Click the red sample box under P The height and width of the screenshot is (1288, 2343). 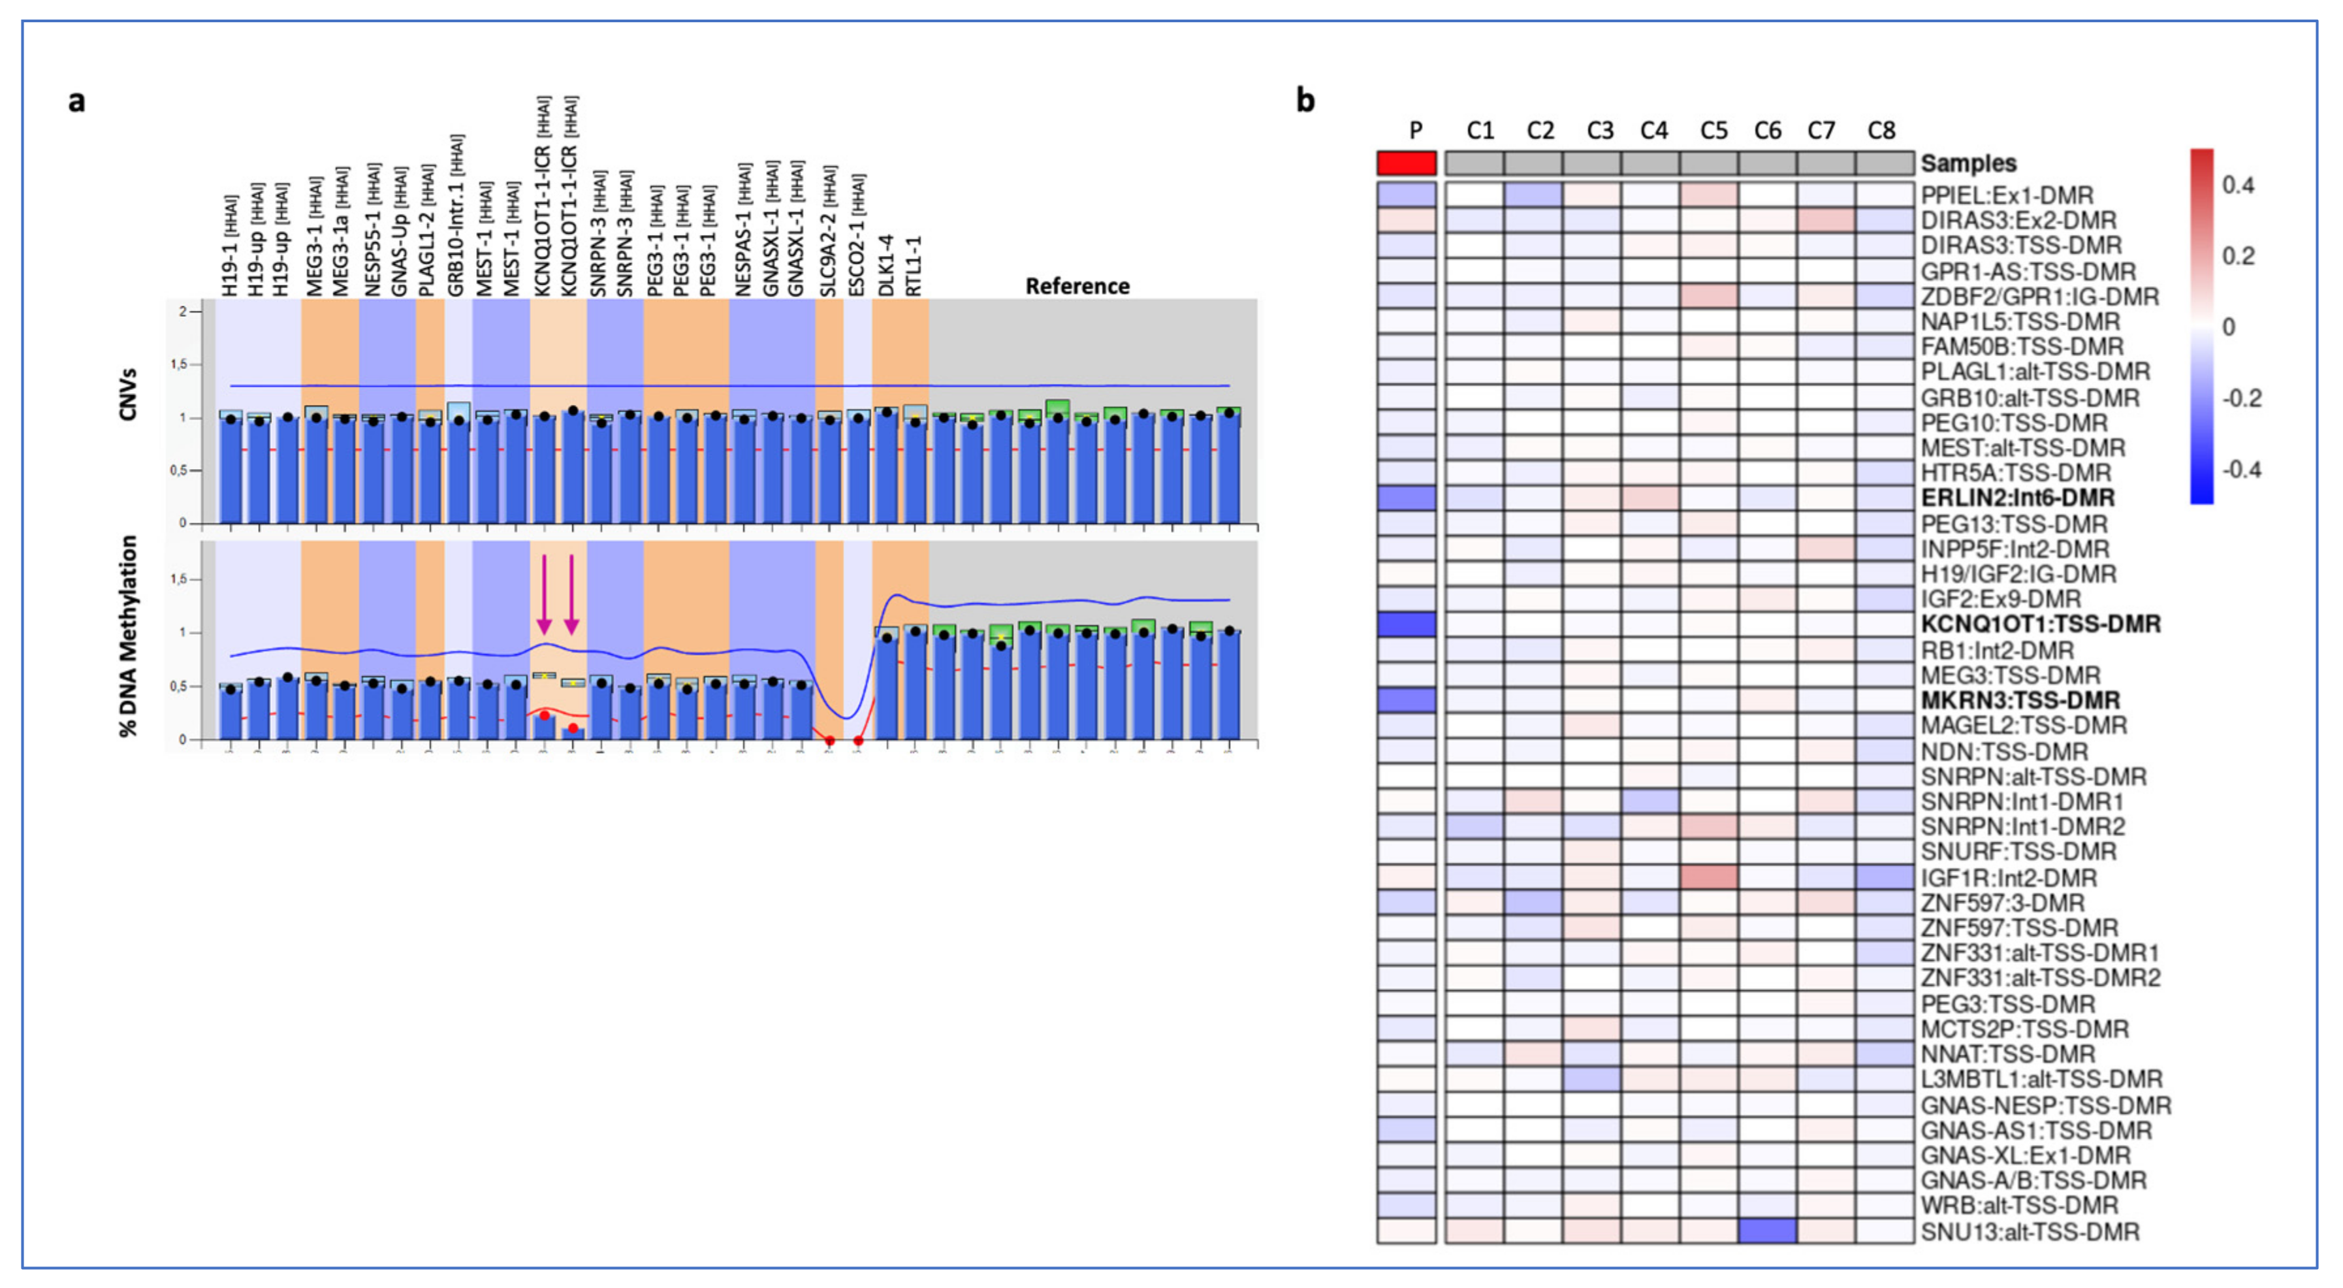pyautogui.click(x=1406, y=164)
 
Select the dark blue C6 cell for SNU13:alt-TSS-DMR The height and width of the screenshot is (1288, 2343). pyautogui.click(x=1766, y=1231)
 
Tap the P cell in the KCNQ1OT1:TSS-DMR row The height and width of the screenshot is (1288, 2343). pyautogui.click(x=1406, y=624)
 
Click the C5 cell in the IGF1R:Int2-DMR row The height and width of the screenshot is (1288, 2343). pyautogui.click(x=1708, y=878)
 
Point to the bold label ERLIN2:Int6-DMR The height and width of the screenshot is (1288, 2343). pyautogui.click(x=2017, y=498)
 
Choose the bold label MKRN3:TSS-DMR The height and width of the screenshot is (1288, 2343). pyautogui.click(x=2019, y=700)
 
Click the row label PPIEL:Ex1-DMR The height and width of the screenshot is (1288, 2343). pyautogui.click(x=2007, y=195)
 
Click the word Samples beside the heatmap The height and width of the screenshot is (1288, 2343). pyautogui.click(x=1968, y=164)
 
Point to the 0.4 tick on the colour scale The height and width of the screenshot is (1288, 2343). pyautogui.click(x=2239, y=185)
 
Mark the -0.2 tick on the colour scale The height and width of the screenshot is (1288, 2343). pyautogui.click(x=2241, y=398)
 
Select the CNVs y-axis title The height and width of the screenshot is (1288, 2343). pyautogui.click(x=128, y=394)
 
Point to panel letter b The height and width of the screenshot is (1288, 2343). pyautogui.click(x=1305, y=100)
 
